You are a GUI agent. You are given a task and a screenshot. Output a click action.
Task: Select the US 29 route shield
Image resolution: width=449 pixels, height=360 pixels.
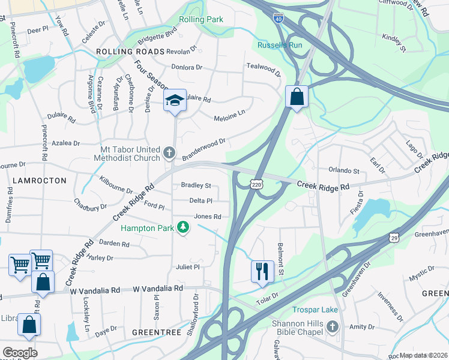[394, 238]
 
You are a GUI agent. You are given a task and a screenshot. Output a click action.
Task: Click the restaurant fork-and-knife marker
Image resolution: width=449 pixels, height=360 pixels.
[262, 271]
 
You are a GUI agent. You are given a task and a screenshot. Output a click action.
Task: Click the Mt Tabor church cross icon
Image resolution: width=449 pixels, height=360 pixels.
[169, 154]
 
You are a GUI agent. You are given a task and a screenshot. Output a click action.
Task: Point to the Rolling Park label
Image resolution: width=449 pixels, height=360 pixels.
[201, 19]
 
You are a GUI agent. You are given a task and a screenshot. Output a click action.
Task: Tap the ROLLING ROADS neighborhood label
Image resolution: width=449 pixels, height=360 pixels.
[130, 52]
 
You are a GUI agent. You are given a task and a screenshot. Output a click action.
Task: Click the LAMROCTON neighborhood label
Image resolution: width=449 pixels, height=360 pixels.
[29, 180]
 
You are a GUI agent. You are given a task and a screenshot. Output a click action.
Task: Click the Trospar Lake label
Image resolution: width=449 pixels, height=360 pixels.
[315, 310]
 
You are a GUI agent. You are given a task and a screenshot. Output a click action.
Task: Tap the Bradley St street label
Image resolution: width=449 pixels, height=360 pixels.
[196, 186]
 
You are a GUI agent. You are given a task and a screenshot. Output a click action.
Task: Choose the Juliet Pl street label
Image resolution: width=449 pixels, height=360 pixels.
[187, 266]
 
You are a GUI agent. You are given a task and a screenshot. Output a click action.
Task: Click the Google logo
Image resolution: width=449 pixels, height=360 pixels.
[20, 353]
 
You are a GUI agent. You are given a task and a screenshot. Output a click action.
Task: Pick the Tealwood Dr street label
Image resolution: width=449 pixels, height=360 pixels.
[263, 70]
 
